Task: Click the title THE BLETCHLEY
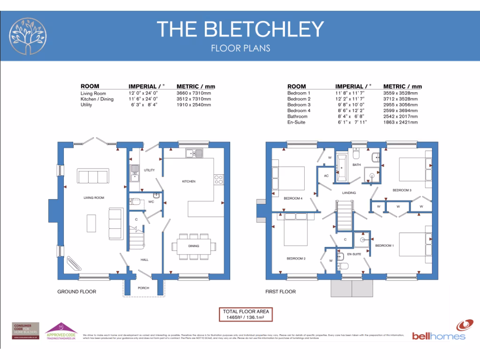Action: (x=240, y=29)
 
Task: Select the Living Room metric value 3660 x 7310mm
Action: (x=194, y=93)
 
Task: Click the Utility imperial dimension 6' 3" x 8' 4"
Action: (x=144, y=105)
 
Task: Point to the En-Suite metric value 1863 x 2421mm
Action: (x=400, y=122)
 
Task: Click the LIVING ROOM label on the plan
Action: (x=94, y=198)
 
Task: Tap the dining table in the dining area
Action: (x=194, y=246)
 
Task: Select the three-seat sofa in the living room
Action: (x=93, y=177)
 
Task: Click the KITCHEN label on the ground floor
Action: (x=189, y=181)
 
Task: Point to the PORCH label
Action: (x=143, y=288)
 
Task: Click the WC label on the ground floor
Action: (x=151, y=202)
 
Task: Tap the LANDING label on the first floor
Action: (x=349, y=193)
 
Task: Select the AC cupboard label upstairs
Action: (x=326, y=176)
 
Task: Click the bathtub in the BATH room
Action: (x=341, y=167)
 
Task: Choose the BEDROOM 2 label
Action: (x=296, y=258)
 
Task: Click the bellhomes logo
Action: (x=439, y=331)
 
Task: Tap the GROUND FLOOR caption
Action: (x=76, y=292)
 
